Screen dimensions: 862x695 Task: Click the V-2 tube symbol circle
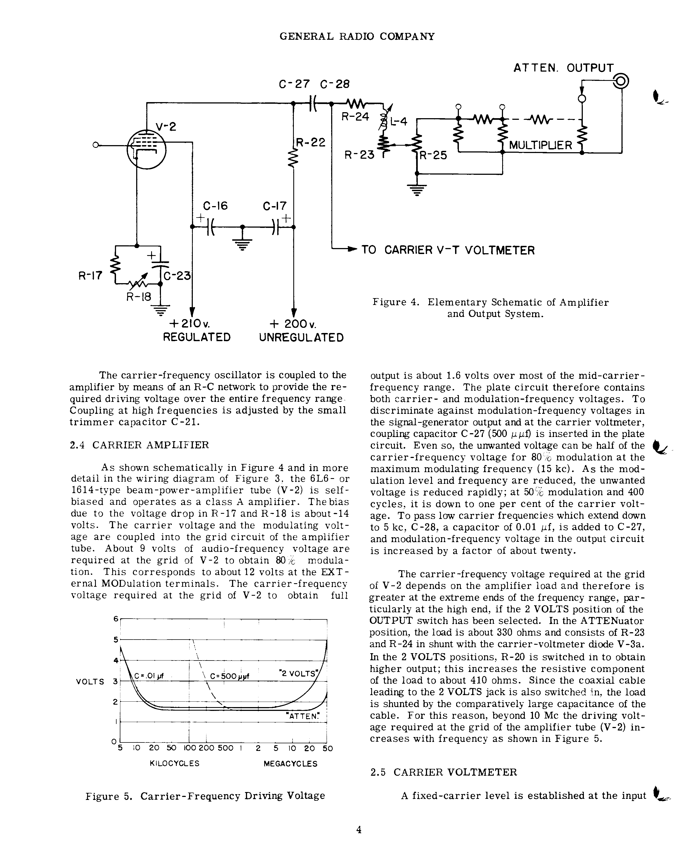pyautogui.click(x=146, y=150)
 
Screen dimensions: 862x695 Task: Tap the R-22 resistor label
pyautogui.click(x=311, y=143)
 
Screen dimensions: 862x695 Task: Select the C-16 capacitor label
pyautogui.click(x=215, y=206)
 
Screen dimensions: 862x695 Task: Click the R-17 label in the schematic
pyautogui.click(x=90, y=276)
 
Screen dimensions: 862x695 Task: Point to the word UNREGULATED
pyautogui.click(x=301, y=338)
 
